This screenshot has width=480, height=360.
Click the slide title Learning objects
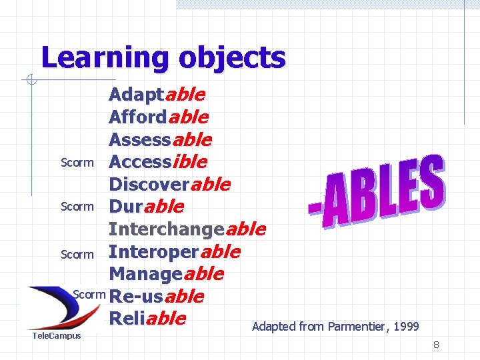tap(163, 58)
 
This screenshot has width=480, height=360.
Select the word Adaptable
tap(157, 95)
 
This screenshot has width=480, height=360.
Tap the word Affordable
tap(158, 117)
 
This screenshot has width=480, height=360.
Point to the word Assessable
tap(160, 140)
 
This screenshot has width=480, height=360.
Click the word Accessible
tap(157, 162)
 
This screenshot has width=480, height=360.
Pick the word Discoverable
tap(169, 184)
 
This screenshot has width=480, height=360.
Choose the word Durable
tap(145, 207)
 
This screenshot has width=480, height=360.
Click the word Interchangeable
tap(187, 229)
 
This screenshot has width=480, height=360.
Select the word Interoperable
tap(174, 252)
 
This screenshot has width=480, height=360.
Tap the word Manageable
tap(166, 274)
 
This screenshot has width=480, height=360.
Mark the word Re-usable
tap(156, 296)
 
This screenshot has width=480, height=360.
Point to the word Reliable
tap(147, 318)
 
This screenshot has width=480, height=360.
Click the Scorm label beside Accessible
tap(77, 163)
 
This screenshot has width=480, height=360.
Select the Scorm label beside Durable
tap(77, 207)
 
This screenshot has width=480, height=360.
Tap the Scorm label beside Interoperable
tap(77, 255)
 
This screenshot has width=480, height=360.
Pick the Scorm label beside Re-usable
tap(89, 294)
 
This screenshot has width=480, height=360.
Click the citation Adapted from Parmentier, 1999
tap(335, 327)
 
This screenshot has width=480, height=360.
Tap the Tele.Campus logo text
tap(57, 335)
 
